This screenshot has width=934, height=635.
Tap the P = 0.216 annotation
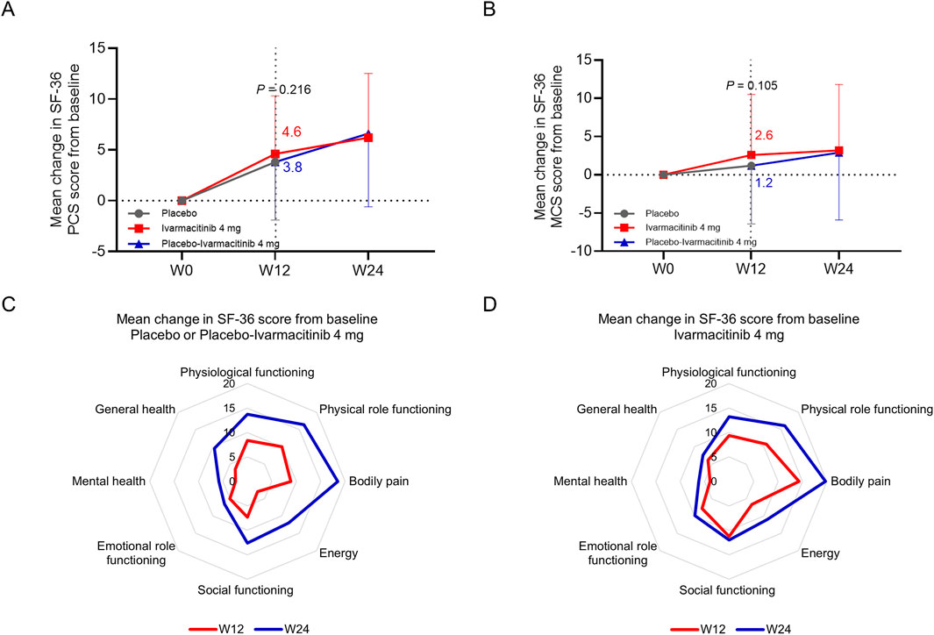point(282,89)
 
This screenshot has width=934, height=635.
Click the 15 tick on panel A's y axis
point(112,47)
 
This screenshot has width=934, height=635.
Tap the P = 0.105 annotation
point(752,85)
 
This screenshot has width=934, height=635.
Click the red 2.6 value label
point(763,136)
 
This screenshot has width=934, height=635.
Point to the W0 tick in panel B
point(664,268)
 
